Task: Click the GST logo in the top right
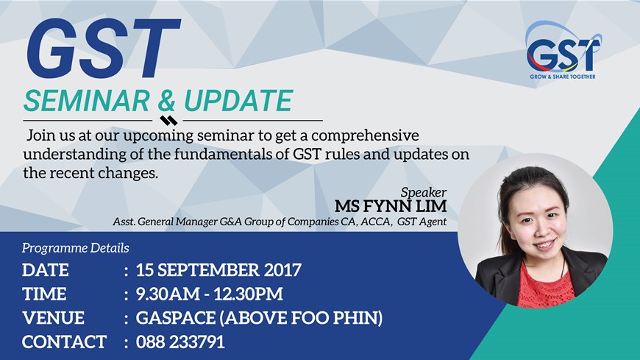(x=563, y=49)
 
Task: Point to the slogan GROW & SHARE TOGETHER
(x=563, y=77)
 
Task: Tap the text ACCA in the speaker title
(x=375, y=221)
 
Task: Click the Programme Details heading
(x=76, y=248)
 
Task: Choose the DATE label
(x=46, y=270)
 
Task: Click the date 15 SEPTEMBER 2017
(x=218, y=270)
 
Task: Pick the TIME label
(x=44, y=294)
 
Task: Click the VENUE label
(x=53, y=319)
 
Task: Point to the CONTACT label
(x=64, y=342)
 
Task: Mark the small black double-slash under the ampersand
(x=168, y=120)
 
